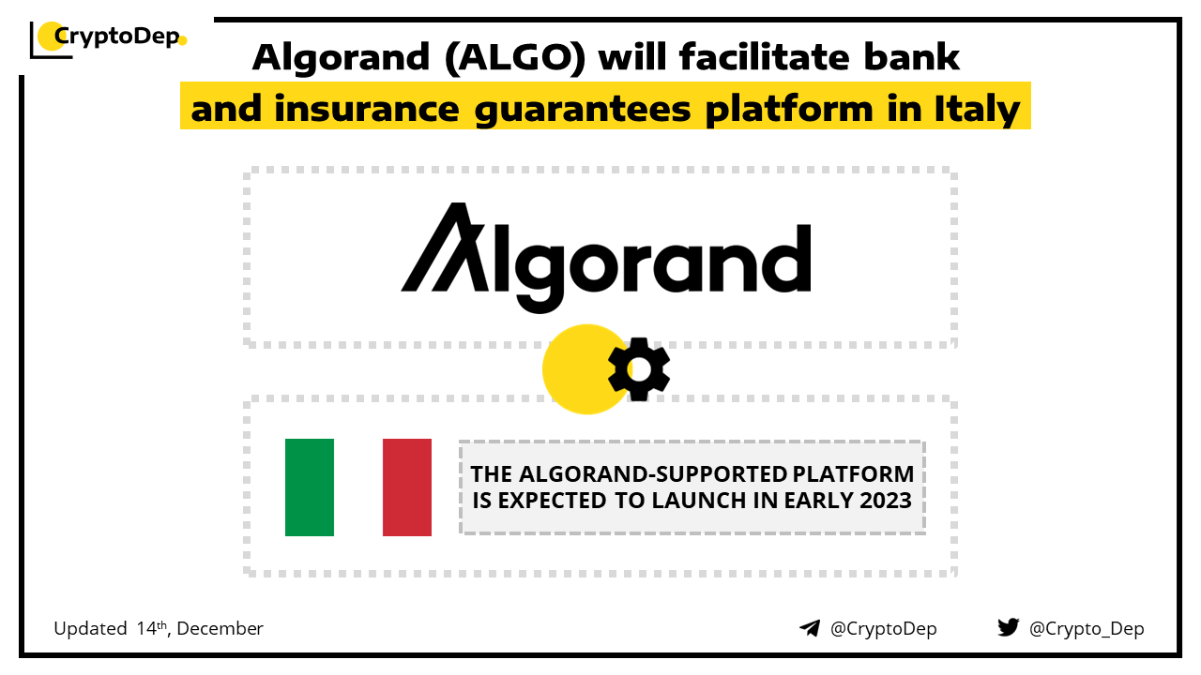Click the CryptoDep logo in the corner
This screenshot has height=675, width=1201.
click(108, 39)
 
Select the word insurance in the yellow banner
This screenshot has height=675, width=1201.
click(367, 108)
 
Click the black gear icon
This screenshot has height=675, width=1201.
click(639, 369)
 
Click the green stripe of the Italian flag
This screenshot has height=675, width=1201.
click(310, 487)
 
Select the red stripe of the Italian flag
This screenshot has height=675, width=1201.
click(407, 487)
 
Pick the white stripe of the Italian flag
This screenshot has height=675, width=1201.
click(358, 487)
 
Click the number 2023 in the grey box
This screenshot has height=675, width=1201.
click(886, 501)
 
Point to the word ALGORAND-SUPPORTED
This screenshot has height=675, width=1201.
click(652, 474)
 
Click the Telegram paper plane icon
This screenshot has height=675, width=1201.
click(810, 628)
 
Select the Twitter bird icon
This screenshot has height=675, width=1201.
click(1008, 627)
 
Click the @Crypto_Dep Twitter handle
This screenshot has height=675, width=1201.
click(1087, 628)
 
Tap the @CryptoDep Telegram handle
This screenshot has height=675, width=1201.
click(883, 628)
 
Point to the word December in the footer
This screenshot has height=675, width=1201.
click(220, 628)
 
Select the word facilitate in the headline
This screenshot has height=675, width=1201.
click(764, 56)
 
